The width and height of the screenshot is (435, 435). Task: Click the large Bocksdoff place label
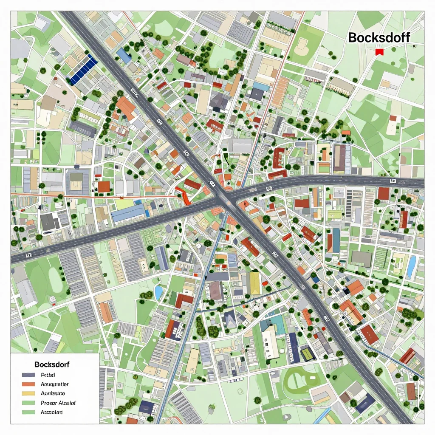(x=379, y=37)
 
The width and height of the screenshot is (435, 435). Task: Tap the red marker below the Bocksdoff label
(x=380, y=52)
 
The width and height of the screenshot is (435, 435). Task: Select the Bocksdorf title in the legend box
(x=52, y=364)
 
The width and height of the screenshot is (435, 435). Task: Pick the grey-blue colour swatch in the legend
(x=28, y=375)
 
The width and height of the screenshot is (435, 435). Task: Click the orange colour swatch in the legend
(x=28, y=384)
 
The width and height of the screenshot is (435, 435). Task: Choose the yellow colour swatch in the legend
(x=28, y=393)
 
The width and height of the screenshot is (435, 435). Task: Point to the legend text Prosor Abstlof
(x=59, y=403)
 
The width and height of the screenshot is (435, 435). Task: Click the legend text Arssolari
(x=51, y=412)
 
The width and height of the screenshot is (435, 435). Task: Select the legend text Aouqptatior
(x=55, y=384)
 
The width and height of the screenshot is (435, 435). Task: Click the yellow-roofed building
(x=255, y=283)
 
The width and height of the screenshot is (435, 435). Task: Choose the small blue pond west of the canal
(x=159, y=293)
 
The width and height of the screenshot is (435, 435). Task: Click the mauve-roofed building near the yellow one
(x=215, y=291)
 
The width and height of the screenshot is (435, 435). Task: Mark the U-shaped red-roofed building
(x=278, y=158)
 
